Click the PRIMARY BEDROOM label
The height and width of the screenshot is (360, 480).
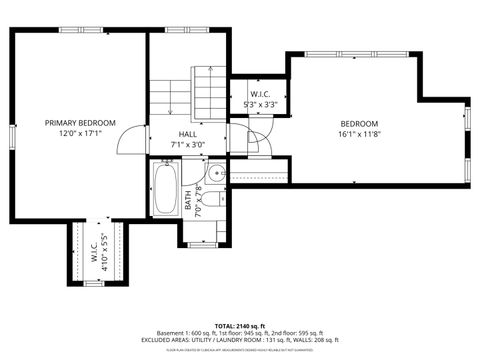tap(80, 123)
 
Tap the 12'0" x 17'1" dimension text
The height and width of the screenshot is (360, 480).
tap(80, 134)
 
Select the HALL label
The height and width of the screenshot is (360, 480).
tap(187, 134)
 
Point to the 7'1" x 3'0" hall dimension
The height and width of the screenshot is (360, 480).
tap(187, 144)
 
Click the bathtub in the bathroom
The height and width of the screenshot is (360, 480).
tap(165, 189)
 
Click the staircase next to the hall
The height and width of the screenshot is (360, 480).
tap(208, 90)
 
